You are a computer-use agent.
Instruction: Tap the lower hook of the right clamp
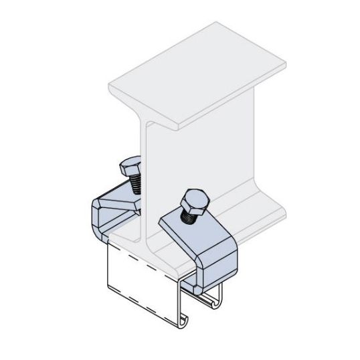point(201,284)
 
